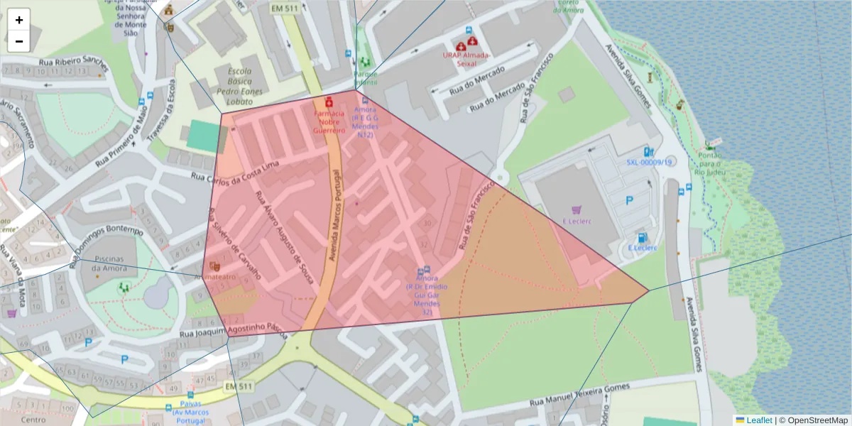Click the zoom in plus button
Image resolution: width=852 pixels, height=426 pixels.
(19, 20)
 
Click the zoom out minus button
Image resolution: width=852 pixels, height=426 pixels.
(19, 41)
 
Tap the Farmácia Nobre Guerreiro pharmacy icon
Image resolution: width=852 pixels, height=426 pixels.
(329, 102)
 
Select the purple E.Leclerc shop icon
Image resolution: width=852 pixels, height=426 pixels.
(577, 209)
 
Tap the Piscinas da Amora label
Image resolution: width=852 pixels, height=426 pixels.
(114, 263)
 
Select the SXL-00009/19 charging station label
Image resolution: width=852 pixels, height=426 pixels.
(649, 162)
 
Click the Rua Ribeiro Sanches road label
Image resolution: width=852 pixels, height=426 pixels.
(74, 61)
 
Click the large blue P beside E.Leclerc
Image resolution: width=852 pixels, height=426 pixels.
(629, 201)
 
